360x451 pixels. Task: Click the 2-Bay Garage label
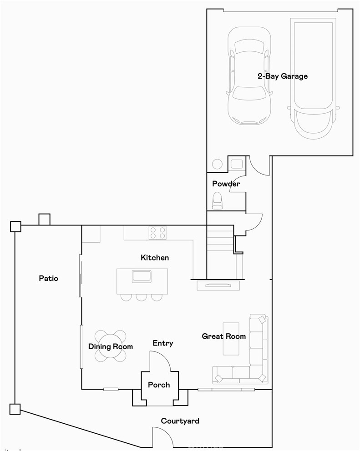pos(282,76)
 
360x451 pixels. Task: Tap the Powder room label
pos(226,184)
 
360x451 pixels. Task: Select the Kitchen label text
pos(155,258)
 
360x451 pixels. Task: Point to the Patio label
pos(48,278)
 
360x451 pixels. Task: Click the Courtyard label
pos(180,421)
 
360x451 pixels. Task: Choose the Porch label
pos(159,385)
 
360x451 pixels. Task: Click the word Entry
pos(162,343)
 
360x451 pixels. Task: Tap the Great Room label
pos(223,336)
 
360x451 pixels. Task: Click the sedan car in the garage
pos(248,75)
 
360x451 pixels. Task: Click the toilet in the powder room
pos(218,200)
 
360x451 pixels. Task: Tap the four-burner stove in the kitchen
pos(157,233)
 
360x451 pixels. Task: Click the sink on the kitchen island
pos(142,276)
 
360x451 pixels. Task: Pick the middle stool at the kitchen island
pos(142,297)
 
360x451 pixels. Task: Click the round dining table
pos(111,346)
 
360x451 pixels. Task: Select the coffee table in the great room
pos(231,339)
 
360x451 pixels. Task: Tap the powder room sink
pos(237,164)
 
